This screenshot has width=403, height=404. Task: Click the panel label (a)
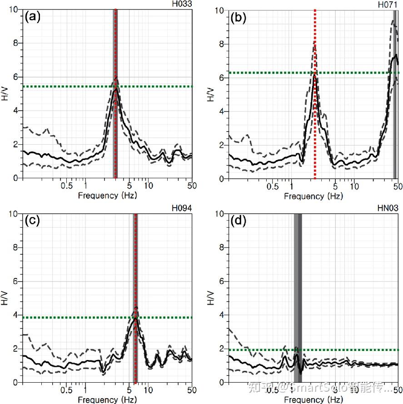tap(33, 17)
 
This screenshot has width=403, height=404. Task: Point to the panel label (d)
tap(239, 221)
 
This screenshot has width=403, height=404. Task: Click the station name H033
tap(182, 4)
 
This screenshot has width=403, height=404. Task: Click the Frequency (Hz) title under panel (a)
tap(107, 195)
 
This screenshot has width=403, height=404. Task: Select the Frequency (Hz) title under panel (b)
tap(313, 196)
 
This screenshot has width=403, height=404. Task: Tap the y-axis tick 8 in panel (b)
tap(221, 44)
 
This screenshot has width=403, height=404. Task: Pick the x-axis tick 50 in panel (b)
tap(398, 186)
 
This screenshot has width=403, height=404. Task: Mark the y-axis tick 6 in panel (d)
tap(221, 281)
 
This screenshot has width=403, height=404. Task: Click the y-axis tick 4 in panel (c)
tap(15, 315)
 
